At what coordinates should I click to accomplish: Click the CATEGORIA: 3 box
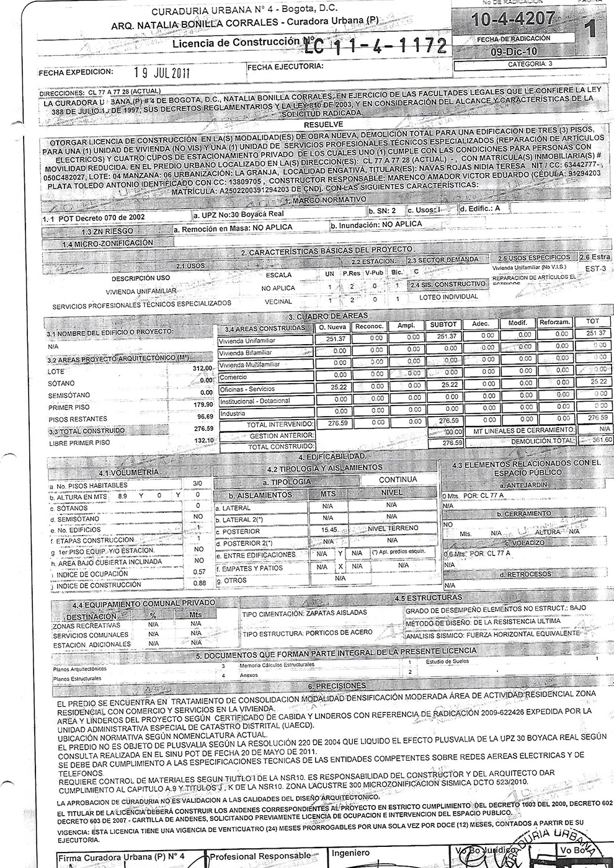point(529,64)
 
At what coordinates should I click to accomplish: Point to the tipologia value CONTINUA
point(398,479)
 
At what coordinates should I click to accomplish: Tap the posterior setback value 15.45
point(327,530)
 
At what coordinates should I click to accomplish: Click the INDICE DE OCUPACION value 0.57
point(198,571)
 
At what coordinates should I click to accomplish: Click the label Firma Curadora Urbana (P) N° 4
point(126,857)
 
